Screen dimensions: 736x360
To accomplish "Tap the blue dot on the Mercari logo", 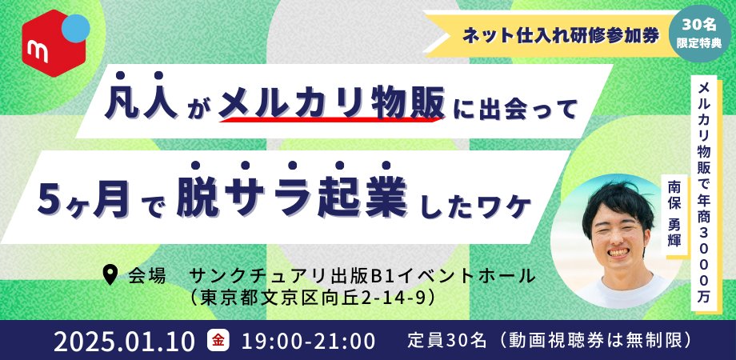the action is (x=75, y=28).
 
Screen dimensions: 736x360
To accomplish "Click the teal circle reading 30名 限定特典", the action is (x=699, y=34).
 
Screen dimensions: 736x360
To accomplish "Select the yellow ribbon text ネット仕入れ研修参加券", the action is (x=561, y=36).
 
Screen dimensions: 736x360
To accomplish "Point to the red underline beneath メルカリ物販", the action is (x=332, y=120).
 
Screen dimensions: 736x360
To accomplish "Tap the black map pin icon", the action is (x=110, y=275).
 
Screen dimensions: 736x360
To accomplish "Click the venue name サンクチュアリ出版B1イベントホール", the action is (x=362, y=275).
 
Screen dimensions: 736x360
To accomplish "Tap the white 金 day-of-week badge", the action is (x=218, y=341).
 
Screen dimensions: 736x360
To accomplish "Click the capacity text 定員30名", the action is (x=447, y=340).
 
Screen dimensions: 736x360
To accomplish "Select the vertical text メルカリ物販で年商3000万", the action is (x=703, y=193).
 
